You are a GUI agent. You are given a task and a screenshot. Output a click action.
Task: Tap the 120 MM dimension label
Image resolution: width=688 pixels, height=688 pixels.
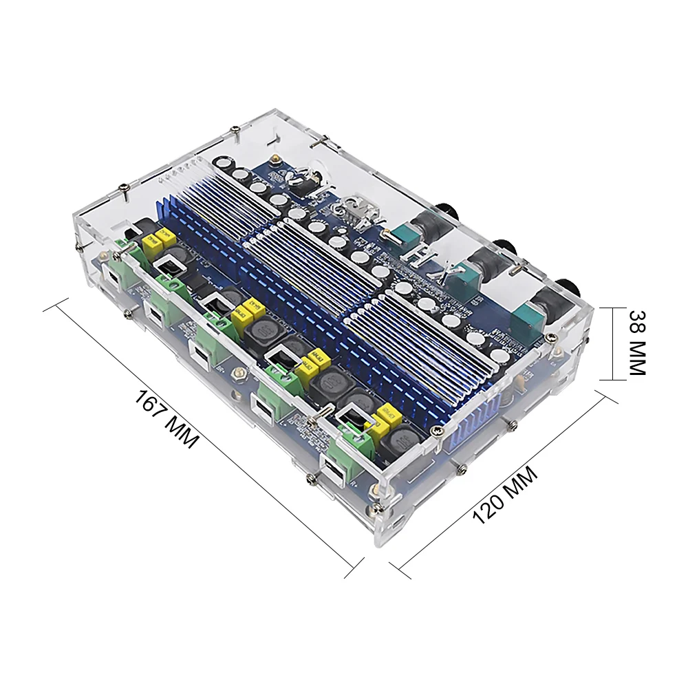[x=506, y=493]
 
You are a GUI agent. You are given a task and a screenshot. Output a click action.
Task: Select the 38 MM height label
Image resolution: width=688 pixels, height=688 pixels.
[x=636, y=342]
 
